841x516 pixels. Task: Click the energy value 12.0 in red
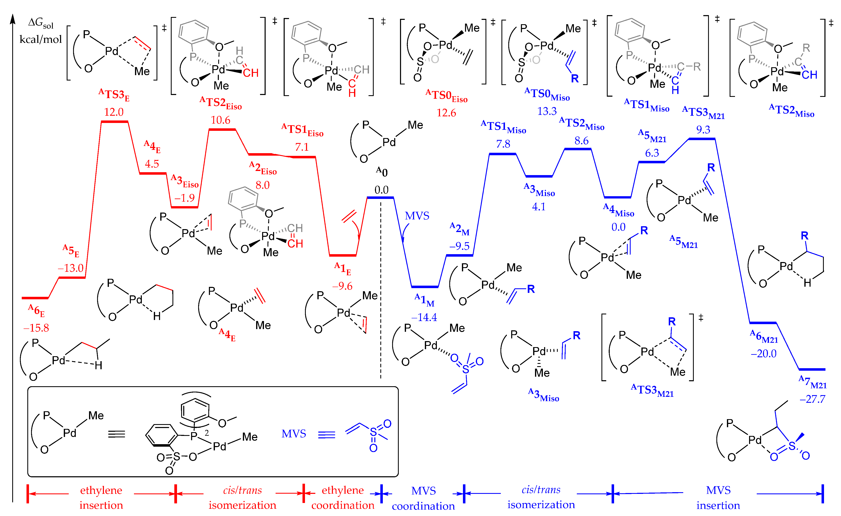click(x=114, y=112)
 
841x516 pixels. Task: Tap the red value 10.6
click(x=220, y=120)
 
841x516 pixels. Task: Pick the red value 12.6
click(x=446, y=113)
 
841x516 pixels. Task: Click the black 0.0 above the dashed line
click(x=381, y=190)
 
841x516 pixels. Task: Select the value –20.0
click(x=764, y=354)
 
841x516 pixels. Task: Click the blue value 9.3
click(x=703, y=130)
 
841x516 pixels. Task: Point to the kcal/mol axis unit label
click(x=41, y=40)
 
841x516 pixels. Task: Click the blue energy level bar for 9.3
click(x=702, y=139)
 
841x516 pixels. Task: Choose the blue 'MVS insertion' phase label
click(x=718, y=498)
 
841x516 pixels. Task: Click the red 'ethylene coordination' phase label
click(x=343, y=498)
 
